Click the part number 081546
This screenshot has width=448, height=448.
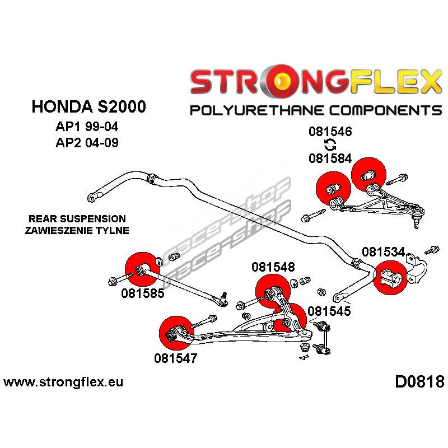coord(330,133)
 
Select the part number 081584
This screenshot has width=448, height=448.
coord(330,158)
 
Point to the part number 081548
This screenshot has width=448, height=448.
coord(273,267)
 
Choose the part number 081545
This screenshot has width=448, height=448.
coord(329,311)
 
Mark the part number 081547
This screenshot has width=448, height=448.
coord(176,358)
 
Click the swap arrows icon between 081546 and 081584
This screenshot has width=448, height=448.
coord(330,146)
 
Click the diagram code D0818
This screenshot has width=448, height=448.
coord(419,382)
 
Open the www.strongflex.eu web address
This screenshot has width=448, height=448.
coord(63,383)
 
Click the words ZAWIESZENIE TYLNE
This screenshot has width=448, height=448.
coord(77,230)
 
